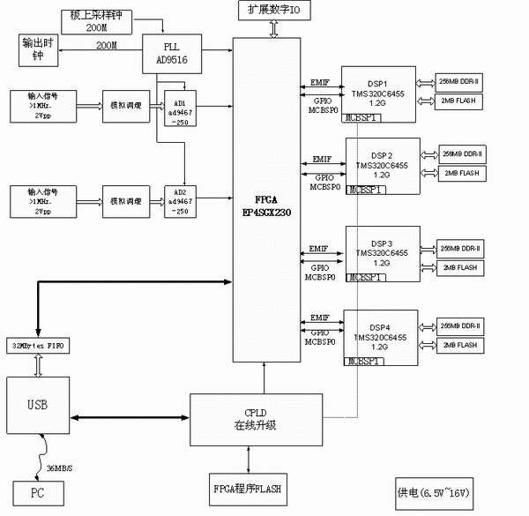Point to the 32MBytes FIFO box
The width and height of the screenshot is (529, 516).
coord(37,343)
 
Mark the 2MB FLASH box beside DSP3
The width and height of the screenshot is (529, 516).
coord(459,267)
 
